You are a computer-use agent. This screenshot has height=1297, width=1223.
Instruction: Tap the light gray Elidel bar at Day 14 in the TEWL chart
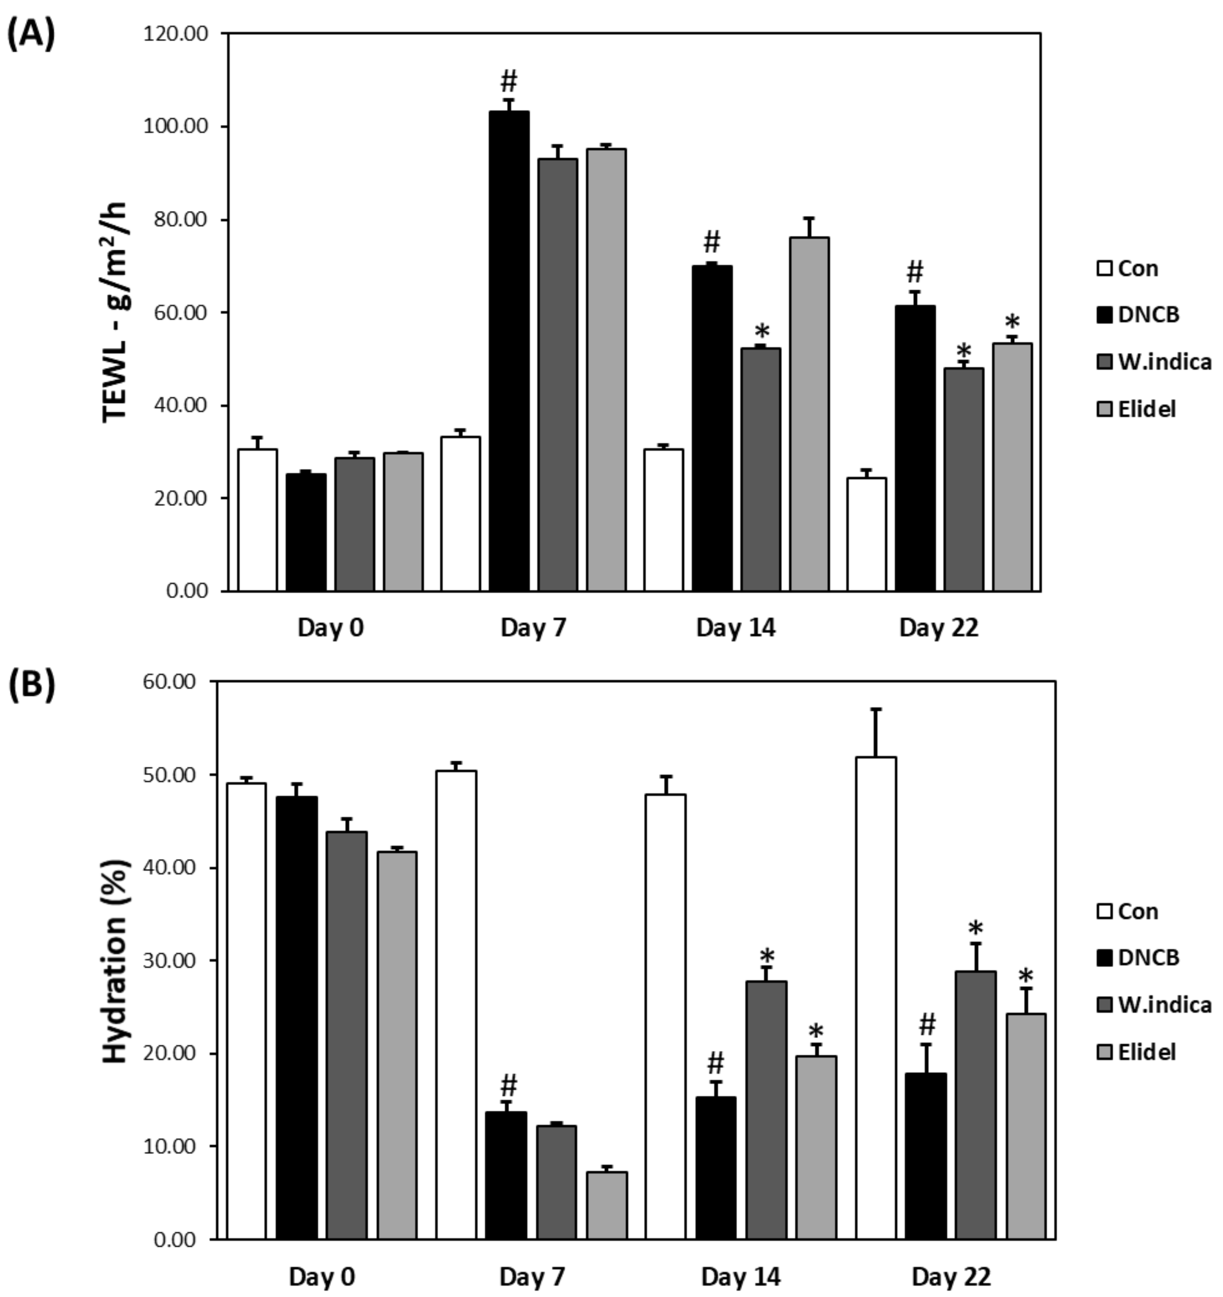tap(809, 414)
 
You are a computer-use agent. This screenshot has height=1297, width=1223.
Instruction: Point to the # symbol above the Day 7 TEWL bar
tap(509, 82)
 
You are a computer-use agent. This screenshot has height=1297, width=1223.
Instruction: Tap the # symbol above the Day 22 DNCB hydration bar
tap(927, 1024)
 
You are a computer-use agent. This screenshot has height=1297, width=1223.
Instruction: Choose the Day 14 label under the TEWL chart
tap(736, 628)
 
